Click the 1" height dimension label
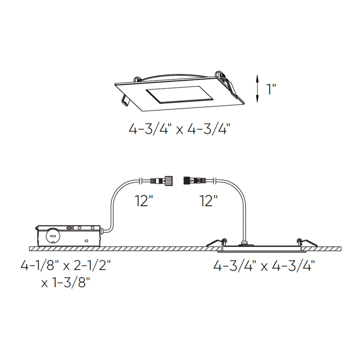[271, 89]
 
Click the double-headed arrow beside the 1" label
[257, 89]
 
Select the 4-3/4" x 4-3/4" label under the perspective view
[179, 130]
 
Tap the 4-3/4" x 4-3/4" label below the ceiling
[264, 266]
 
